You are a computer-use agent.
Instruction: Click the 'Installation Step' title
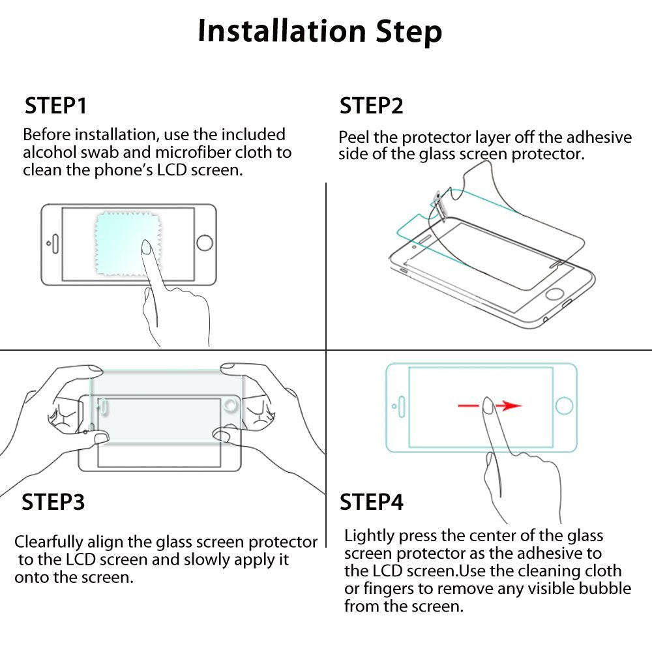tap(319, 31)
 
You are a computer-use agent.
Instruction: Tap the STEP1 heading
tap(55, 106)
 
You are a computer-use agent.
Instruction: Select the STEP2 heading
tap(372, 106)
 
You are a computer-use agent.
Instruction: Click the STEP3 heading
tap(53, 502)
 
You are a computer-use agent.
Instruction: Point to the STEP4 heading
tap(372, 502)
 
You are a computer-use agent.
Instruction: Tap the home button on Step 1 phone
tap(204, 243)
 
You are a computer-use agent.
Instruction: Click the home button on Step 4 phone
tap(564, 406)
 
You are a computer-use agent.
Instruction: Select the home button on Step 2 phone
tap(554, 293)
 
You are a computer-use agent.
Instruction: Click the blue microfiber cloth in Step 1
tap(127, 244)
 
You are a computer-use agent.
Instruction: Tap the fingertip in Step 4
tap(488, 405)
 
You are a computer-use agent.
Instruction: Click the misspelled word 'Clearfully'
tap(49, 542)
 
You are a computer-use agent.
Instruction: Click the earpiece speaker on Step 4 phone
tap(402, 406)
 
